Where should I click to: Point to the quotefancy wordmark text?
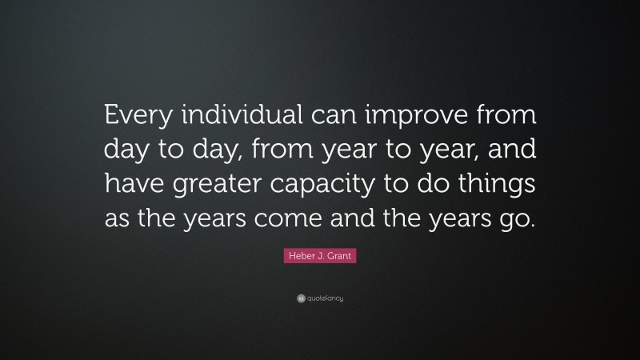tap(325, 299)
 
